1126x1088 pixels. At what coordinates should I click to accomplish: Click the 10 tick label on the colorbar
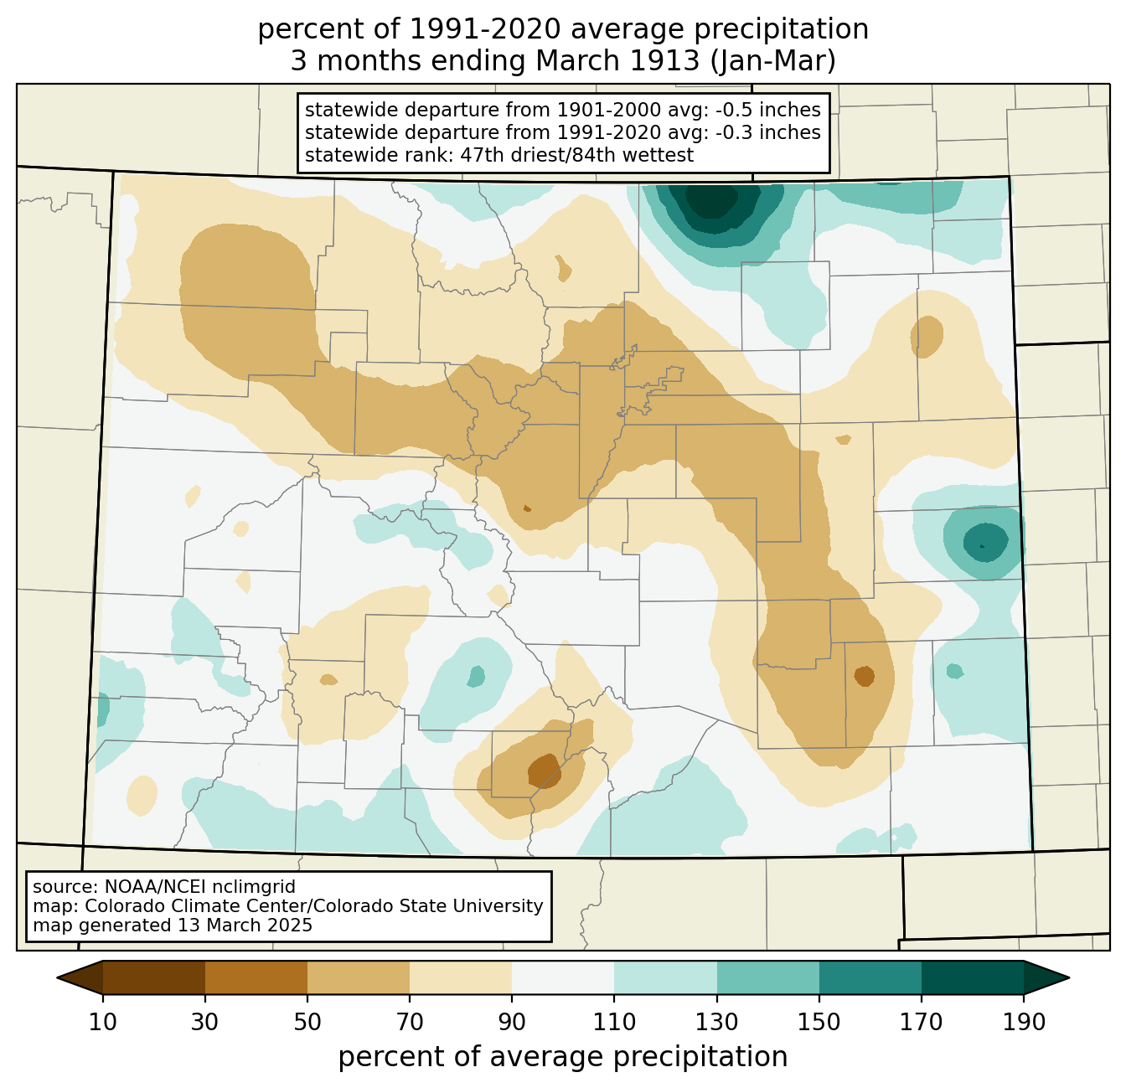(x=102, y=1023)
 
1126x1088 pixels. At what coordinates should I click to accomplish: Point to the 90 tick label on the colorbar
(x=512, y=1023)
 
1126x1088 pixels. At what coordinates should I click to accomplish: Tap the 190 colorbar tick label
(x=1024, y=1023)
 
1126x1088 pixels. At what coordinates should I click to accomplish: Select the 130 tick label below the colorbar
(x=716, y=1023)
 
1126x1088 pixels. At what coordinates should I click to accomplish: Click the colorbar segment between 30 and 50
(x=256, y=978)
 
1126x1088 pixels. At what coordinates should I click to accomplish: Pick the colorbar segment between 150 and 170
(x=870, y=978)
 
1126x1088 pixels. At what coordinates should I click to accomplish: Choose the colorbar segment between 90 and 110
(x=563, y=978)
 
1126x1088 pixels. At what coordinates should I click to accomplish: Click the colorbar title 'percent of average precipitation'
(x=562, y=1057)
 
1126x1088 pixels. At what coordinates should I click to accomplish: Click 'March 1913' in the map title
(x=617, y=61)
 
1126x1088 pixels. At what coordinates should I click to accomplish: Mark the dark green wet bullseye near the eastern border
(x=985, y=542)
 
